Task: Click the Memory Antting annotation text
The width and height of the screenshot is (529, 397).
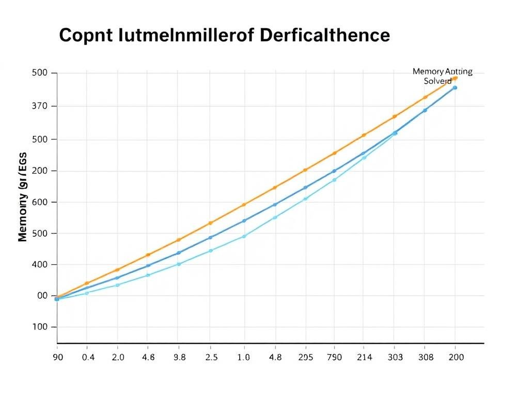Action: point(442,72)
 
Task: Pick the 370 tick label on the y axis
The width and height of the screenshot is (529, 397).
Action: point(40,106)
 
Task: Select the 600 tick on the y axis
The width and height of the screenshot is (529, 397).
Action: point(40,202)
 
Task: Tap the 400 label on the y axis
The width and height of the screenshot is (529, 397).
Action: point(40,265)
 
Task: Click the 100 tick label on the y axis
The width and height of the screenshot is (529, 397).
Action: point(40,327)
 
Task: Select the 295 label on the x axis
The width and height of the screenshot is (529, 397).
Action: point(305,357)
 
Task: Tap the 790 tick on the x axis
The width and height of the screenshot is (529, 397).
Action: point(334,357)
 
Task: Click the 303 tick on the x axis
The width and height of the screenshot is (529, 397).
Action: point(394,357)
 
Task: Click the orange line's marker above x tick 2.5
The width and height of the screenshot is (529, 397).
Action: point(210,223)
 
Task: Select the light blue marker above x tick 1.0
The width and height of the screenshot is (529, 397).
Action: point(244,236)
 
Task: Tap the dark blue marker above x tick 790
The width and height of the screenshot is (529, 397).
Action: point(334,171)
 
